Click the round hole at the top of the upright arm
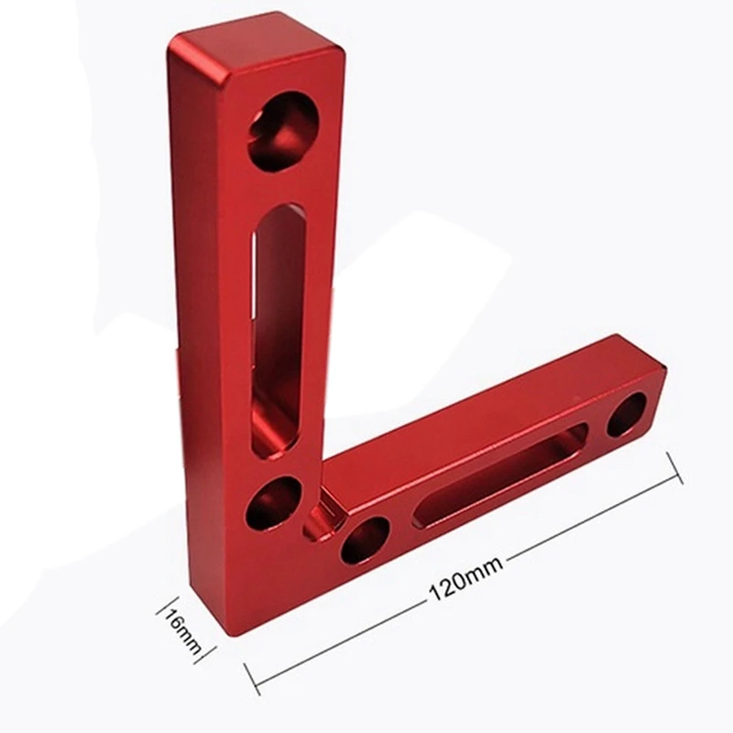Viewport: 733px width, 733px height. (282, 130)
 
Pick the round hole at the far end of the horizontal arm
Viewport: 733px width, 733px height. (627, 415)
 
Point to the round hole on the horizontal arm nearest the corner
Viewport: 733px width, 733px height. (365, 540)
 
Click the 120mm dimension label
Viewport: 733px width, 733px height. (465, 578)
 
